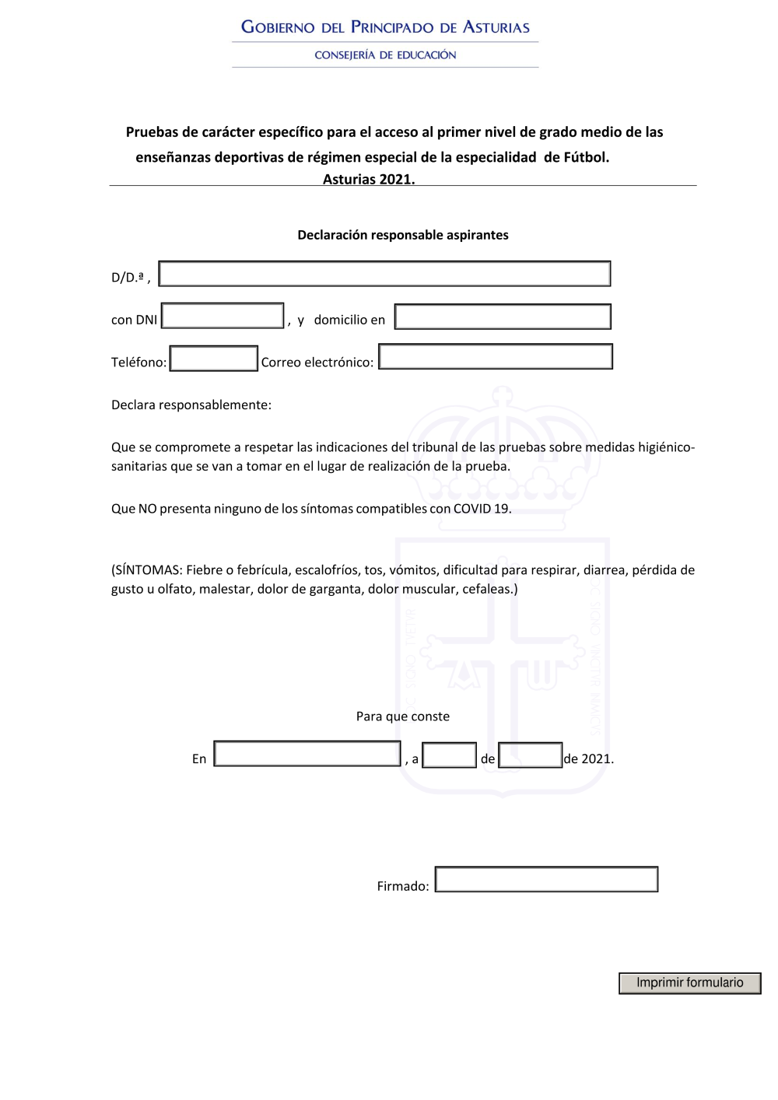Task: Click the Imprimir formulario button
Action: tap(689, 983)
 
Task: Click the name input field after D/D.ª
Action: tap(384, 274)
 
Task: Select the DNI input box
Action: tap(223, 316)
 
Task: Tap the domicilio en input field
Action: tap(503, 317)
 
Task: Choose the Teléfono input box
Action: tap(213, 359)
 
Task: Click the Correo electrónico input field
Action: tap(496, 356)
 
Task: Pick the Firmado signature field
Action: tap(546, 879)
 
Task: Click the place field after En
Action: tap(307, 754)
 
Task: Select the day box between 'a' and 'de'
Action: tap(449, 755)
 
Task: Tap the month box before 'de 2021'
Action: tap(530, 755)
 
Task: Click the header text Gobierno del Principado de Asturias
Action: tap(385, 27)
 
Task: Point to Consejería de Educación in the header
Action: tap(385, 55)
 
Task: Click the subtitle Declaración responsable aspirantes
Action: tap(403, 235)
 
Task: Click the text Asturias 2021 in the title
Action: tap(369, 179)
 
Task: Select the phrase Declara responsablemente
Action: tap(191, 405)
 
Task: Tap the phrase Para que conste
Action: tap(403, 716)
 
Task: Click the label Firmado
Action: tap(402, 886)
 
